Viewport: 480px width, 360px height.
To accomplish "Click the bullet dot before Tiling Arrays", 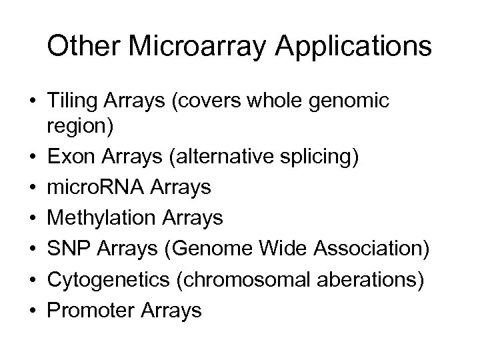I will click(x=32, y=101).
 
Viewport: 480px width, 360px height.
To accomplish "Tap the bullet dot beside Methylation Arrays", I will click(x=32, y=218).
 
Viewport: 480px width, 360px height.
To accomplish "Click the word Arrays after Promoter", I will click(x=171, y=306).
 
